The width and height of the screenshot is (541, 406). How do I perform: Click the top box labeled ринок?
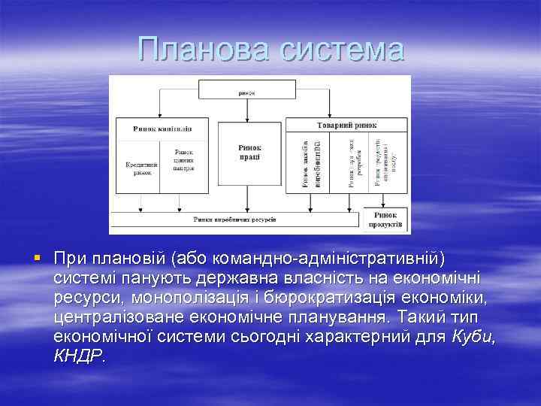[247, 92]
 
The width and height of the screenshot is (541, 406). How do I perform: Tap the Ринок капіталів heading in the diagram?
[162, 129]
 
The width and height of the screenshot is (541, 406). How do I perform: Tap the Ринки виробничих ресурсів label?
[234, 220]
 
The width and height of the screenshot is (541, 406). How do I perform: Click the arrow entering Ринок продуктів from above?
[385, 201]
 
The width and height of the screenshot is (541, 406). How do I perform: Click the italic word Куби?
[473, 337]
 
